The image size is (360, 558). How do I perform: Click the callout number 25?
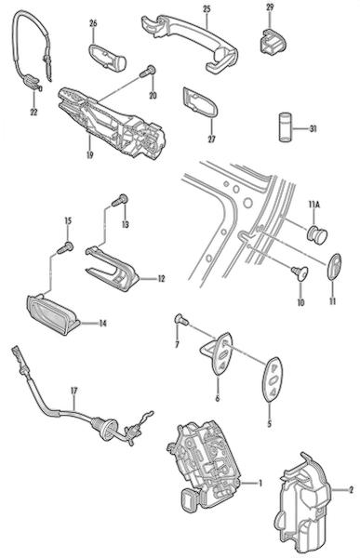[x=207, y=9]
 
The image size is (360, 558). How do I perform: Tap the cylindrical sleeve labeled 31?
[x=285, y=127]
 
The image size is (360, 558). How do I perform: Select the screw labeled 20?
[x=147, y=72]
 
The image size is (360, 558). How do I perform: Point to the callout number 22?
[x=33, y=113]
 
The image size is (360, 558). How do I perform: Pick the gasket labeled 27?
[x=200, y=101]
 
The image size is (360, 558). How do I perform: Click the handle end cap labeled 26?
[x=107, y=57]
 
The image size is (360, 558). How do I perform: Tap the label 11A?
[x=314, y=205]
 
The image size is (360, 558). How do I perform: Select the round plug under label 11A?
[x=316, y=235]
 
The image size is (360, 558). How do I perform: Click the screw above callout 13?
[x=120, y=200]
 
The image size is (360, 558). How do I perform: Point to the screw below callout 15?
[x=65, y=247]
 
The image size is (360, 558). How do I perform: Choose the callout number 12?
[x=161, y=278]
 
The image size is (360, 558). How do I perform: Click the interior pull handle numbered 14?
[x=53, y=315]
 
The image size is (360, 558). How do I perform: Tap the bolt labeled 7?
[x=181, y=320]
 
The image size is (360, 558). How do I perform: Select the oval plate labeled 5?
[x=273, y=379]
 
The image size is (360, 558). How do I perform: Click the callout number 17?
[x=73, y=391]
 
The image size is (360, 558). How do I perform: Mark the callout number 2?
[x=351, y=490]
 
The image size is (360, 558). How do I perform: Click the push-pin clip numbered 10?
[x=300, y=273]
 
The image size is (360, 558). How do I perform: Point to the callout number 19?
[x=89, y=154]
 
